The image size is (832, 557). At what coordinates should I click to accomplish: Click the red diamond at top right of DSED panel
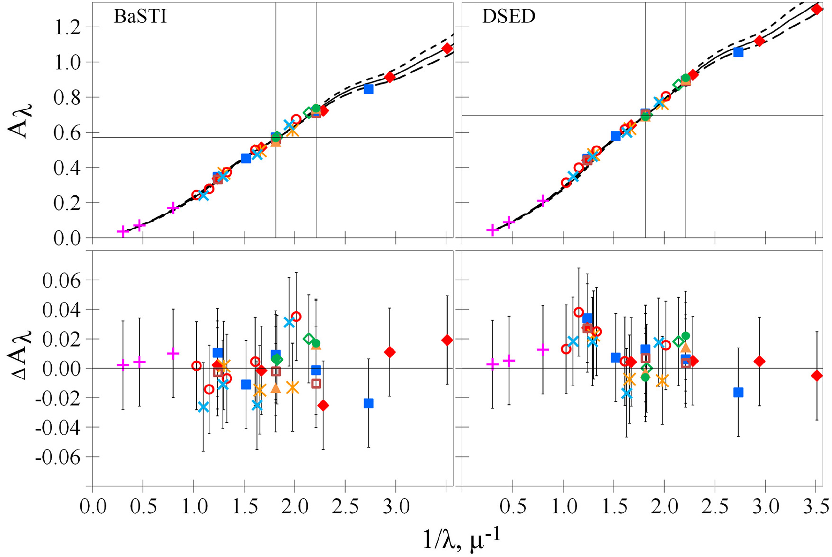click(x=817, y=9)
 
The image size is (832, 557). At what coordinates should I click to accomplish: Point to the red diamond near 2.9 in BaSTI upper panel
click(x=390, y=77)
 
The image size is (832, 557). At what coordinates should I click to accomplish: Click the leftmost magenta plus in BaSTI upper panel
click(x=123, y=231)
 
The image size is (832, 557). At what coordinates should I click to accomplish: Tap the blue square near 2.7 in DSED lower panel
click(x=738, y=392)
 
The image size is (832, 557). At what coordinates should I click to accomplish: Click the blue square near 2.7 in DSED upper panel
click(x=738, y=52)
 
